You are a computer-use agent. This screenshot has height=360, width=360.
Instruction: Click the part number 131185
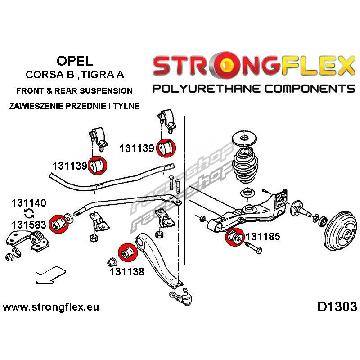pos(262,236)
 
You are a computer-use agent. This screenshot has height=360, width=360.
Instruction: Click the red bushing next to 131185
pos(234,237)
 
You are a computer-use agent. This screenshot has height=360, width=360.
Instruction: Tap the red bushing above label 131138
pos(126,253)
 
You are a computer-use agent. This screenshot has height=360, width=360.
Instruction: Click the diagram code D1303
pos(337,307)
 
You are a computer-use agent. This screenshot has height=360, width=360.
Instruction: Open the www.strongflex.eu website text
pos(51,308)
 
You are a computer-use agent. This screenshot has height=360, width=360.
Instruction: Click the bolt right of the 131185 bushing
pos(254,249)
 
